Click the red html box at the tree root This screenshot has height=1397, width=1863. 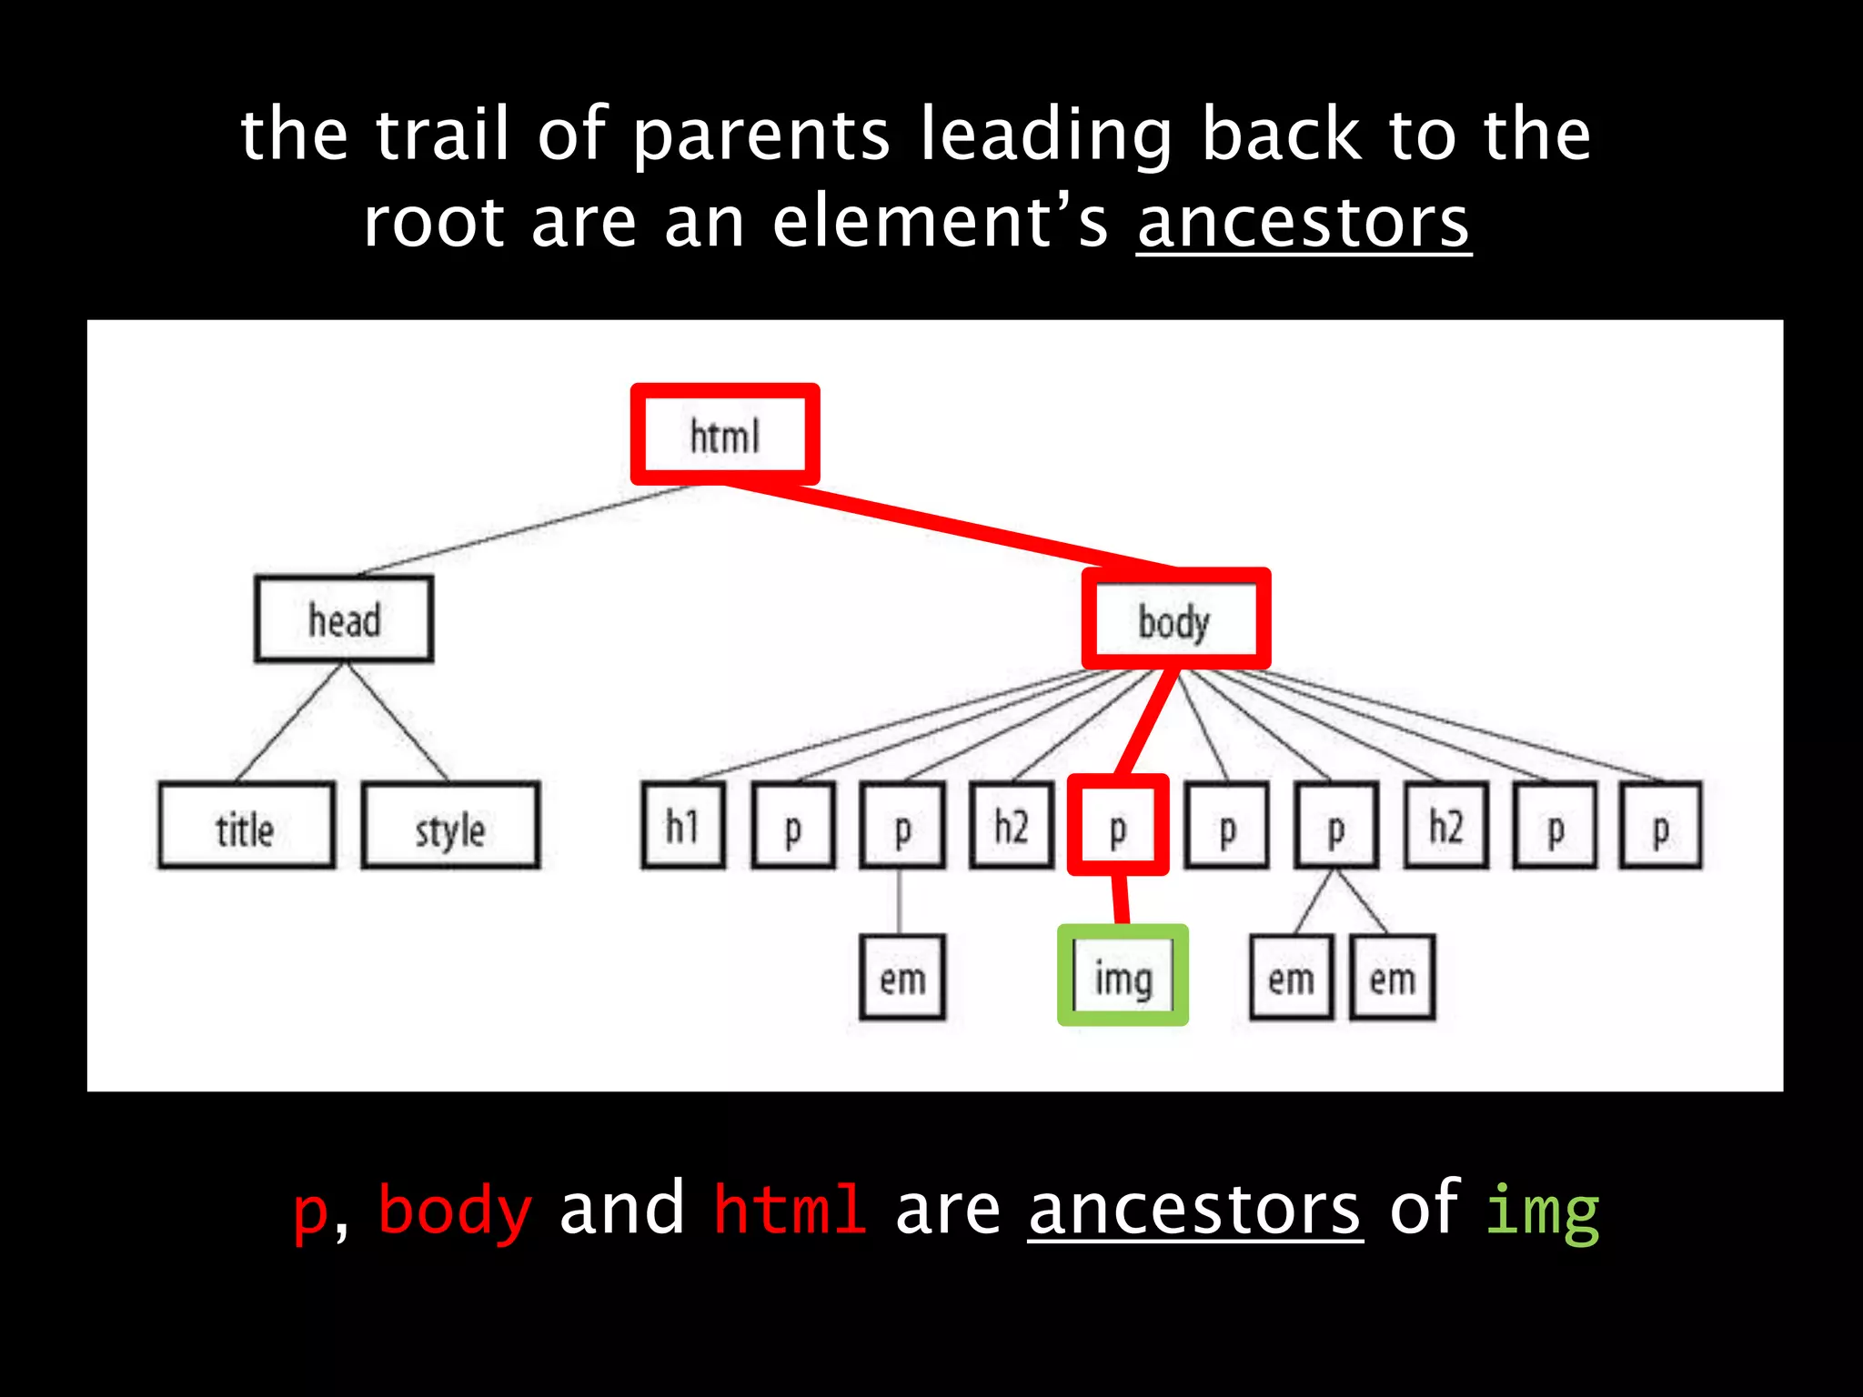point(725,435)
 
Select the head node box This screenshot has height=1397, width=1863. point(344,619)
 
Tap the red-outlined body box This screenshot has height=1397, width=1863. point(1175,620)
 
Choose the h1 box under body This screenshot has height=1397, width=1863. point(683,826)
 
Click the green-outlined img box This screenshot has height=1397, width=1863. point(1123,976)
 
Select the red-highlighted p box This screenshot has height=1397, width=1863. point(1118,826)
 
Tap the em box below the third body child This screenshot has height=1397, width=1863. point(901,978)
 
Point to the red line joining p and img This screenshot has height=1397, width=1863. point(1121,900)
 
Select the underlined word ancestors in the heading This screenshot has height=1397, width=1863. point(1303,222)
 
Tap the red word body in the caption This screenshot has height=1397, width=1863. point(455,1210)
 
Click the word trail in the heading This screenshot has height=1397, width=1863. point(442,135)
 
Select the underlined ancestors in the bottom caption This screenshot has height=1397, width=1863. point(1194,1210)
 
